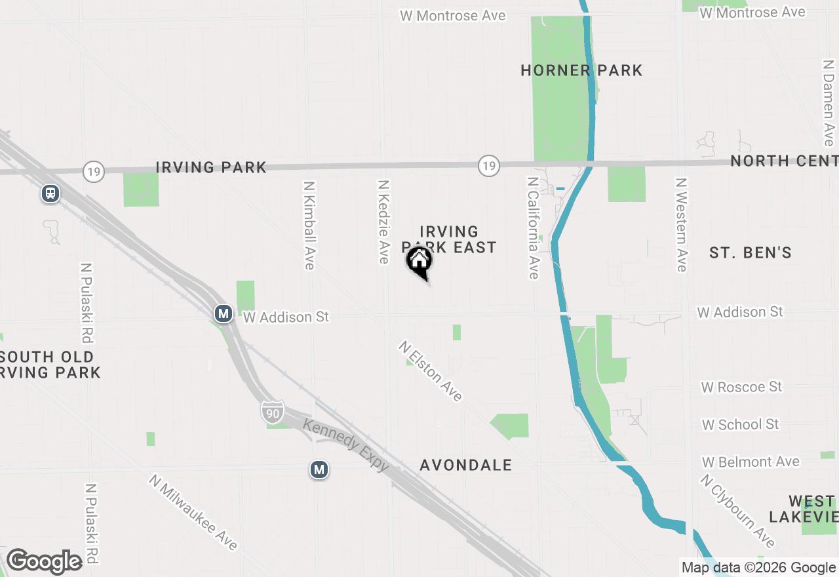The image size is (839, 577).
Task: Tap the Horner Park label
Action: click(x=581, y=71)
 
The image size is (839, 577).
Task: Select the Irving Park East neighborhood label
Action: click(x=449, y=239)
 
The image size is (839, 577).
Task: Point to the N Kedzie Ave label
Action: click(x=383, y=222)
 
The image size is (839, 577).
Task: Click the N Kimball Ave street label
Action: click(x=309, y=226)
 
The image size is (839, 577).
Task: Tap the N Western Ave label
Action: click(x=682, y=224)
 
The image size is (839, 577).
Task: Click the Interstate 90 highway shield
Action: click(x=273, y=412)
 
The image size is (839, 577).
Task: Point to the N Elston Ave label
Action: click(x=431, y=371)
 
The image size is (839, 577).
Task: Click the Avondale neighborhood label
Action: click(x=465, y=466)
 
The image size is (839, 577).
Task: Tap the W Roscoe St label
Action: click(x=741, y=388)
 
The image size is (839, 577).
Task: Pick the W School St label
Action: click(x=740, y=425)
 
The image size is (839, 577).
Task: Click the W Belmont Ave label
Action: click(x=751, y=462)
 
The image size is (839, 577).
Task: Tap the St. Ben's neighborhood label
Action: click(x=751, y=252)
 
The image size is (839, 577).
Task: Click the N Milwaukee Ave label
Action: click(x=193, y=512)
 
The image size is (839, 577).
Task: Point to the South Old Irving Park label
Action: click(x=49, y=365)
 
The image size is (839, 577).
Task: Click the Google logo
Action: click(x=45, y=562)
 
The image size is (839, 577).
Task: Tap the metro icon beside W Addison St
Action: click(x=224, y=313)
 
